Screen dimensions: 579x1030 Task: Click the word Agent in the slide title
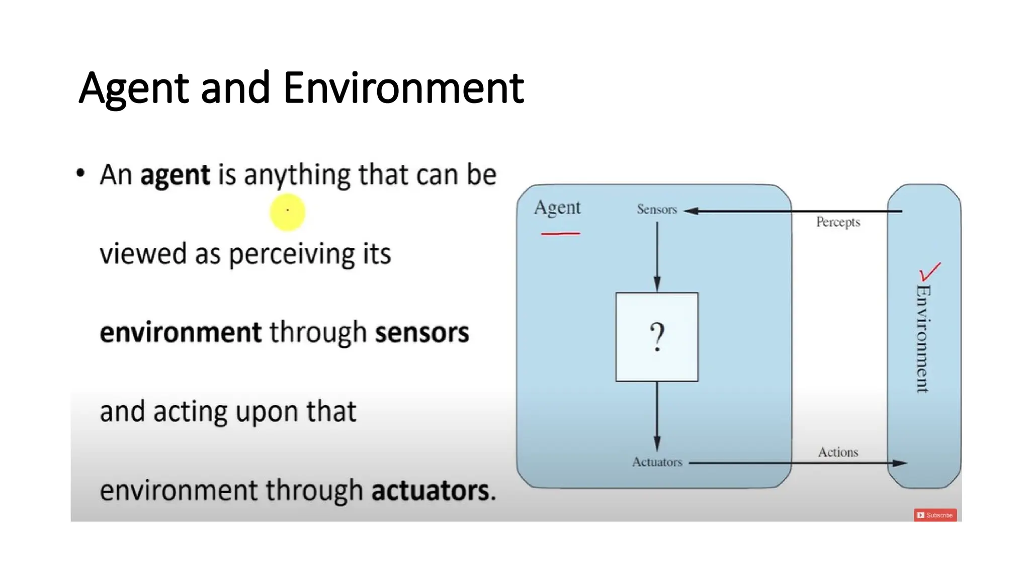click(134, 88)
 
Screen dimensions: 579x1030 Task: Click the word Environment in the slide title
click(403, 88)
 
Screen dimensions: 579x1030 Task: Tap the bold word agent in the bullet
click(175, 175)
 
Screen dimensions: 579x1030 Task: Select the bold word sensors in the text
click(422, 333)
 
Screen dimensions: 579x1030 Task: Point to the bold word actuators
click(430, 491)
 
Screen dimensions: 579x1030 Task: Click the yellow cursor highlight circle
click(288, 212)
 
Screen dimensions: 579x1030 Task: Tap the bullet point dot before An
click(80, 173)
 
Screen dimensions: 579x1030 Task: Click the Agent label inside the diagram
click(557, 208)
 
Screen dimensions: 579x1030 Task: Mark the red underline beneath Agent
click(560, 234)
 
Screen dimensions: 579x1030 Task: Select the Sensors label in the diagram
click(657, 209)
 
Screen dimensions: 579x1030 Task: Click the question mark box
click(657, 337)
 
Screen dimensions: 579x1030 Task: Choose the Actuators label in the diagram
click(657, 462)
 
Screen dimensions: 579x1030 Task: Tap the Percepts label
click(838, 222)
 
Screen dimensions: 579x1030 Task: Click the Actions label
click(838, 452)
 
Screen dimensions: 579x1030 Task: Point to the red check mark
click(929, 271)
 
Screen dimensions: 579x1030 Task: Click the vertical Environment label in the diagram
click(923, 339)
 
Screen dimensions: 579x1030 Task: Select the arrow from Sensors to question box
click(657, 256)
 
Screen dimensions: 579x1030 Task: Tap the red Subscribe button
click(935, 515)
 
